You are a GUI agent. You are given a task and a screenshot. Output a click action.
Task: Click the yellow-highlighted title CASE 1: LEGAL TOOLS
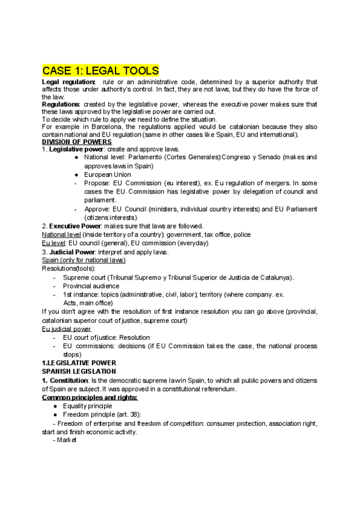[100, 70]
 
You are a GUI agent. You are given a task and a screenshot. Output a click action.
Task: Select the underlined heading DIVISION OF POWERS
[77, 142]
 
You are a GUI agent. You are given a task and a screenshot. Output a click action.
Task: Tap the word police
[242, 234]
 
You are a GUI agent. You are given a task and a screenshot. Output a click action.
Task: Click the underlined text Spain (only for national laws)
[84, 260]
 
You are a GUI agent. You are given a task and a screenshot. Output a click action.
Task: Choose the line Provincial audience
[91, 286]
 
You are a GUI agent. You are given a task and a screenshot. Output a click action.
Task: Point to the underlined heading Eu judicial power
[67, 329]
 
